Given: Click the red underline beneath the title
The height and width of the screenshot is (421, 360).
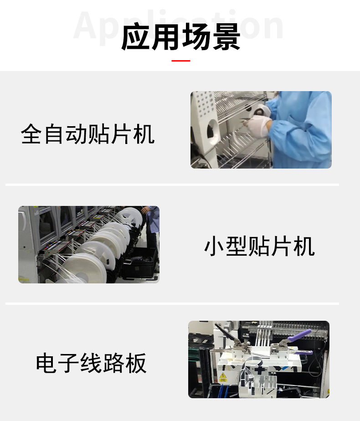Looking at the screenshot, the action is (180, 61).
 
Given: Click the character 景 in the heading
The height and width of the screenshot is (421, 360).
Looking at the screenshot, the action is (226, 37).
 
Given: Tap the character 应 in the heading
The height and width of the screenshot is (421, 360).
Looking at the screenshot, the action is (135, 37).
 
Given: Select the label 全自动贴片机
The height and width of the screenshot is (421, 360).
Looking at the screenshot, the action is (87, 134).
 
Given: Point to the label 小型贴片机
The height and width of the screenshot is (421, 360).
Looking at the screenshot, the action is (259, 246).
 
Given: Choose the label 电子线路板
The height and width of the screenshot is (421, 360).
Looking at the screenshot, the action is (91, 363).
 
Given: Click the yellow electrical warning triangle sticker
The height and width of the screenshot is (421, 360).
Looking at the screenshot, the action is (222, 376).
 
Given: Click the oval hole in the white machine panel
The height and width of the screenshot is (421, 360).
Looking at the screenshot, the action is (213, 132).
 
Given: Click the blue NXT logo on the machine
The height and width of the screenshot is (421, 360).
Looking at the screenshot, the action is (45, 211).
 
